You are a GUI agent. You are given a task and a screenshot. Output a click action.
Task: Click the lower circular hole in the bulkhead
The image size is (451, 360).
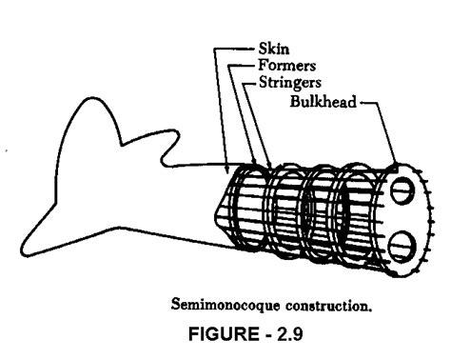(x=400, y=240)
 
